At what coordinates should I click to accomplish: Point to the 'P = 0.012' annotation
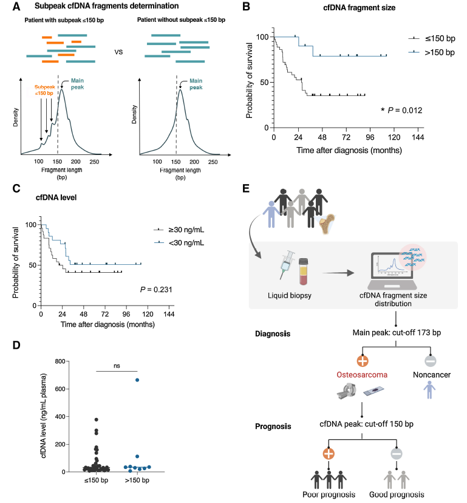[401, 110]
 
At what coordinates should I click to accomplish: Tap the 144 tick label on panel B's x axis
[418, 138]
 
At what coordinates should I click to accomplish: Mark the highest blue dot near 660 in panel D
[138, 380]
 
